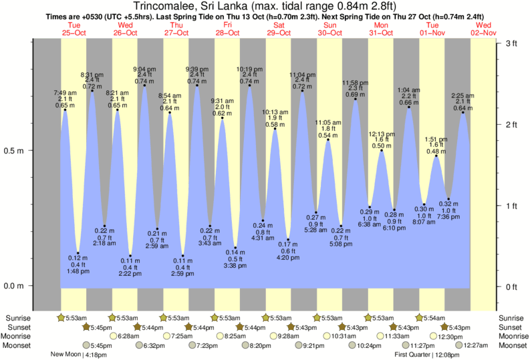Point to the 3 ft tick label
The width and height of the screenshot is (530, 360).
[511, 43]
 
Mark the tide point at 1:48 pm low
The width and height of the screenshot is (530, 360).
[78, 253]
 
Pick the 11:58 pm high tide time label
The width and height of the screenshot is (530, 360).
[355, 83]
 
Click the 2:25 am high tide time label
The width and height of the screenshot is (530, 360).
[463, 95]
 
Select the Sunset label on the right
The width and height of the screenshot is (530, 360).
[510, 327]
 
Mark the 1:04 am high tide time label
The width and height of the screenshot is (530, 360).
[409, 89]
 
